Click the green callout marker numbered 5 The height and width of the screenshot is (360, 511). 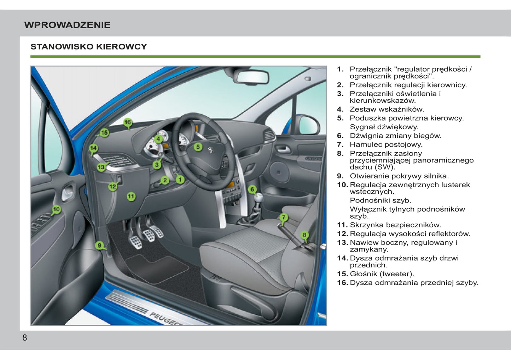pyautogui.click(x=198, y=147)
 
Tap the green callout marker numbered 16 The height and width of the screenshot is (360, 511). pyautogui.click(x=128, y=122)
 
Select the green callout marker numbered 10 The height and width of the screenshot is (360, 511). pyautogui.click(x=56, y=209)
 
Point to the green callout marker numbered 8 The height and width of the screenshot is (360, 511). pyautogui.click(x=304, y=235)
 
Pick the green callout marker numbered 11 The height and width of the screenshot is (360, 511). pyautogui.click(x=131, y=196)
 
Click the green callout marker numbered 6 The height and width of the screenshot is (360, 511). pyautogui.click(x=252, y=189)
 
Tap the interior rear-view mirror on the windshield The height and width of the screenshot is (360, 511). pyautogui.click(x=252, y=77)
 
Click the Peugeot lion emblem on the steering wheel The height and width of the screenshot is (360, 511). pyautogui.click(x=211, y=150)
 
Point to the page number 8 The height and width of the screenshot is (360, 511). pyautogui.click(x=25, y=337)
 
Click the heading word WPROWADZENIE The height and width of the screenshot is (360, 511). pyautogui.click(x=67, y=25)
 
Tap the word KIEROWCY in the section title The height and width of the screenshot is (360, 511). pyautogui.click(x=121, y=47)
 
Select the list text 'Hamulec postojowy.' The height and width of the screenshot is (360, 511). pyautogui.click(x=386, y=144)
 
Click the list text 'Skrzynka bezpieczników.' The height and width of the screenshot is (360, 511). pyautogui.click(x=395, y=225)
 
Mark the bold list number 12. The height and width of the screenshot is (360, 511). pyautogui.click(x=342, y=234)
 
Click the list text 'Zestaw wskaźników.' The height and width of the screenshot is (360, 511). pyautogui.click(x=387, y=110)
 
